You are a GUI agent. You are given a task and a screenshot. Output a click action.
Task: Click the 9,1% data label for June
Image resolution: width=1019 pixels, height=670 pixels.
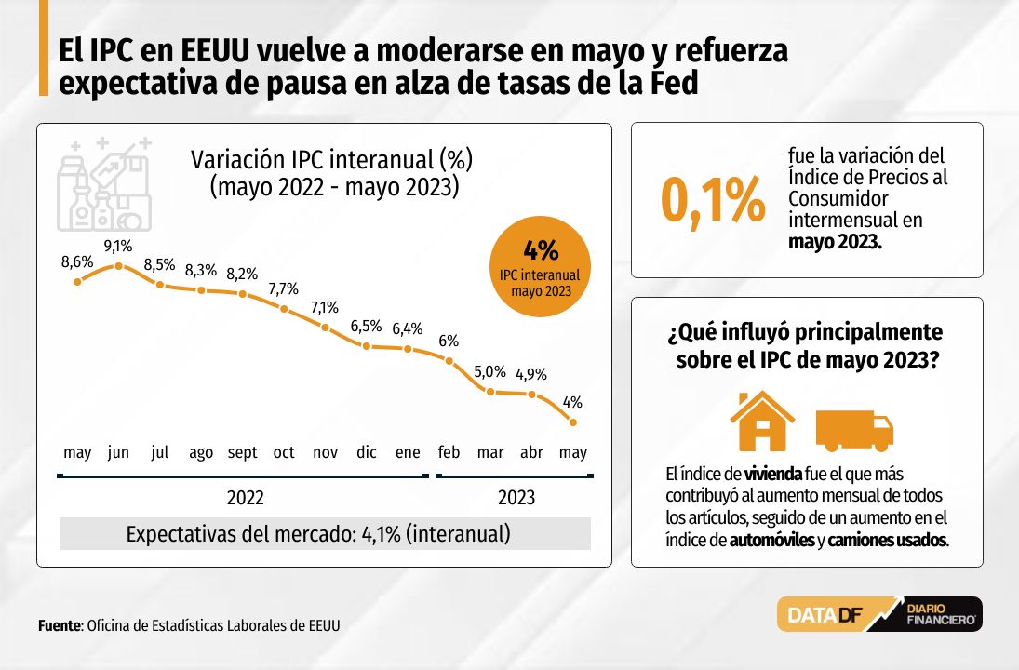[118, 246]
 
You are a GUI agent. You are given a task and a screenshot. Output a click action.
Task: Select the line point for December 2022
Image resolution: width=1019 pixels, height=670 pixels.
[367, 346]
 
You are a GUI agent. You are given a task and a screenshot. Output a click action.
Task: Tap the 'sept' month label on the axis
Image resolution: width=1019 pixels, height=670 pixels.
[242, 452]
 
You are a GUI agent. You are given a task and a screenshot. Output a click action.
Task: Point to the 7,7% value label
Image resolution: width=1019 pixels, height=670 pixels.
[283, 288]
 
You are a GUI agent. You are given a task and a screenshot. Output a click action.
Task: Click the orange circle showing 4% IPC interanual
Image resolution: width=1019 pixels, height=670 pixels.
[540, 266]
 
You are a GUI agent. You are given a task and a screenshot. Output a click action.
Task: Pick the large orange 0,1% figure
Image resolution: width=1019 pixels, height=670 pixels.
[713, 201]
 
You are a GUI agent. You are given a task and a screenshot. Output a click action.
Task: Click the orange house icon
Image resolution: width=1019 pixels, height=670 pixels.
[762, 421]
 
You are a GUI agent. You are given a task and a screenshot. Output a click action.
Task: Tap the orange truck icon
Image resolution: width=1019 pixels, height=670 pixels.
[854, 430]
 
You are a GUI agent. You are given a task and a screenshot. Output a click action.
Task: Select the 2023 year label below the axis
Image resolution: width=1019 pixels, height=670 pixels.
[516, 498]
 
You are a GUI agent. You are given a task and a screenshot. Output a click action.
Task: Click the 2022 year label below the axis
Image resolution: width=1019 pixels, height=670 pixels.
[245, 498]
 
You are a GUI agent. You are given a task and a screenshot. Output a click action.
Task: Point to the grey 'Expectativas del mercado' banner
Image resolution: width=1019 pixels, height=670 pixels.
[326, 533]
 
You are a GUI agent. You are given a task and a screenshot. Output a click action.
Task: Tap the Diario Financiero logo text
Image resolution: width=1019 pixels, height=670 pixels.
[941, 614]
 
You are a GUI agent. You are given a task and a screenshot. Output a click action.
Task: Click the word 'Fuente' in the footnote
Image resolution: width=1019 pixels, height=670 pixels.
[60, 626]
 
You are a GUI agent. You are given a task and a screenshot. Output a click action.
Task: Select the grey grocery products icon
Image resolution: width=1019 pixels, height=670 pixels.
[104, 184]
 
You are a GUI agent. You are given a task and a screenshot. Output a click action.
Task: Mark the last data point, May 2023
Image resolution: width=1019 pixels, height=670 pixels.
[573, 422]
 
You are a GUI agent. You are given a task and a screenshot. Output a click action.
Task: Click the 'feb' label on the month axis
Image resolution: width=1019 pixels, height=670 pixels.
[449, 451]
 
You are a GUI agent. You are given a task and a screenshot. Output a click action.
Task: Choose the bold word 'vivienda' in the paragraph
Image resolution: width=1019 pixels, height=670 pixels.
[773, 474]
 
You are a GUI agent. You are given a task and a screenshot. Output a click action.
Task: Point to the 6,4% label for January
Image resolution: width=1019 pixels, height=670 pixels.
[408, 328]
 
